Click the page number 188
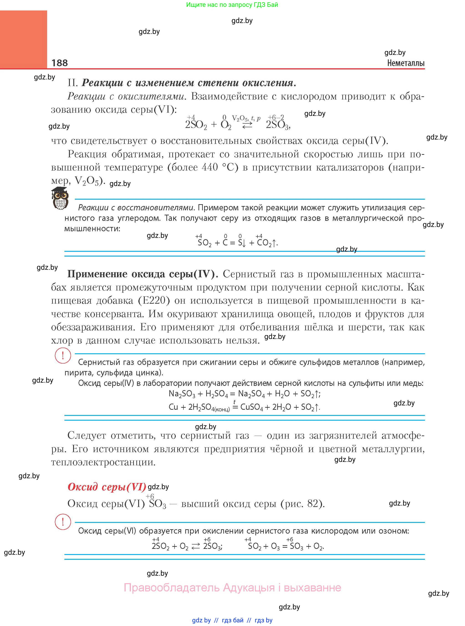point(59,63)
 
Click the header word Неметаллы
point(406,63)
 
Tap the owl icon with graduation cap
point(60,198)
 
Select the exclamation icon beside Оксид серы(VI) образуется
point(63,522)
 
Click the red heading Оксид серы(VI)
point(107,487)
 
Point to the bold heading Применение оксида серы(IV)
point(142,274)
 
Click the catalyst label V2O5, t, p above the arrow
point(246,118)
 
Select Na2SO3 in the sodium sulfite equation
point(182,394)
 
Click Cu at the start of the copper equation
point(173,407)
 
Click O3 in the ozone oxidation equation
point(275,546)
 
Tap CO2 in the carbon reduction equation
point(264,243)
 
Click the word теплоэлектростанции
point(103,462)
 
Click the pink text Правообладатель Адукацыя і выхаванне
point(232,588)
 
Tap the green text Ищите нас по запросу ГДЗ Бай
point(232,5)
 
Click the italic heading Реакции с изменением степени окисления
point(189,83)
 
